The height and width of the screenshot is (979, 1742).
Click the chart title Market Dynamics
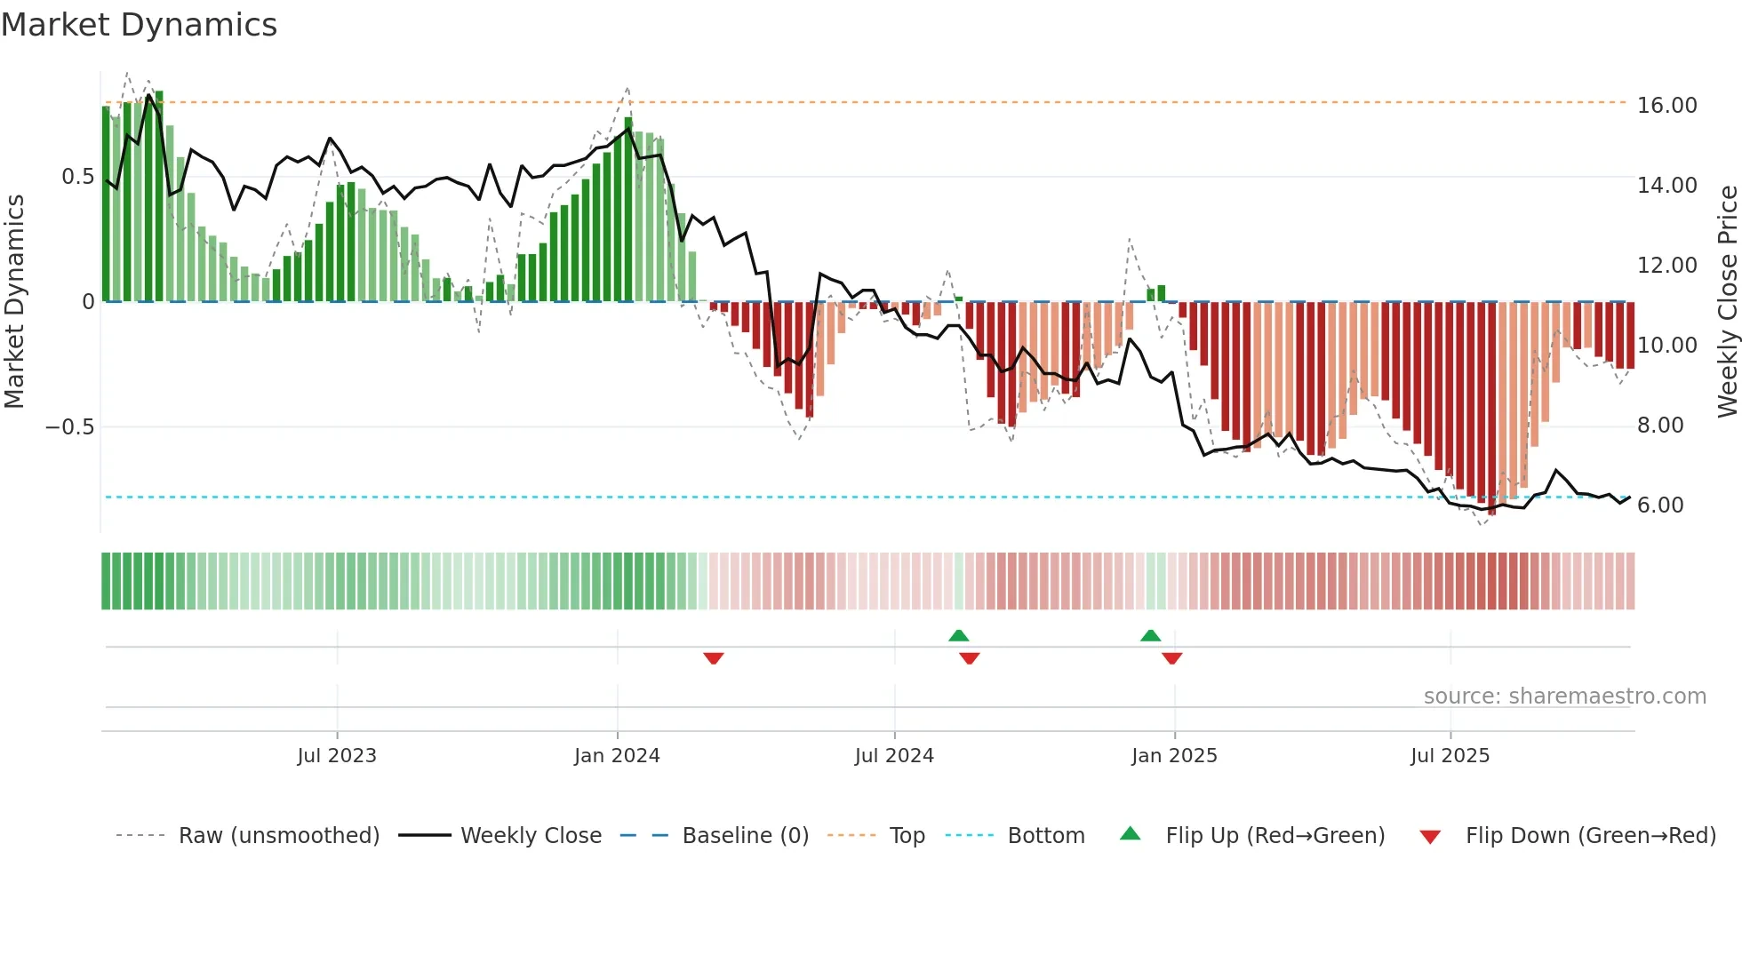139,25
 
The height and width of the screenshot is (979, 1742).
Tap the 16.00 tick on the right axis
1666,106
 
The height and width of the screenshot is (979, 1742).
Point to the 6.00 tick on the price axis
1659,505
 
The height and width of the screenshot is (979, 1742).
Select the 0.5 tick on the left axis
77,177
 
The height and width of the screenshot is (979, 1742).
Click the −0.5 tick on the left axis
69,427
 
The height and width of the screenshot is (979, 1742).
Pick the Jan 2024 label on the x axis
617,756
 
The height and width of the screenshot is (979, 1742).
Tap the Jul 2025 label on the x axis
1450,756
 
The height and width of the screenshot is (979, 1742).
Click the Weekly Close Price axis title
1727,301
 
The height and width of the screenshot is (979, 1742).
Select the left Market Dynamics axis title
14,301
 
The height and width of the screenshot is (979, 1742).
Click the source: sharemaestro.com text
1564,696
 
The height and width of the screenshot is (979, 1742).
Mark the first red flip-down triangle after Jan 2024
713,658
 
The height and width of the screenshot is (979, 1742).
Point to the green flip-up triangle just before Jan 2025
1150,635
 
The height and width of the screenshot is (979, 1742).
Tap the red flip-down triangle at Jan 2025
1171,658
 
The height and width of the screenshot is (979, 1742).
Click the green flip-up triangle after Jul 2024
958,635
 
